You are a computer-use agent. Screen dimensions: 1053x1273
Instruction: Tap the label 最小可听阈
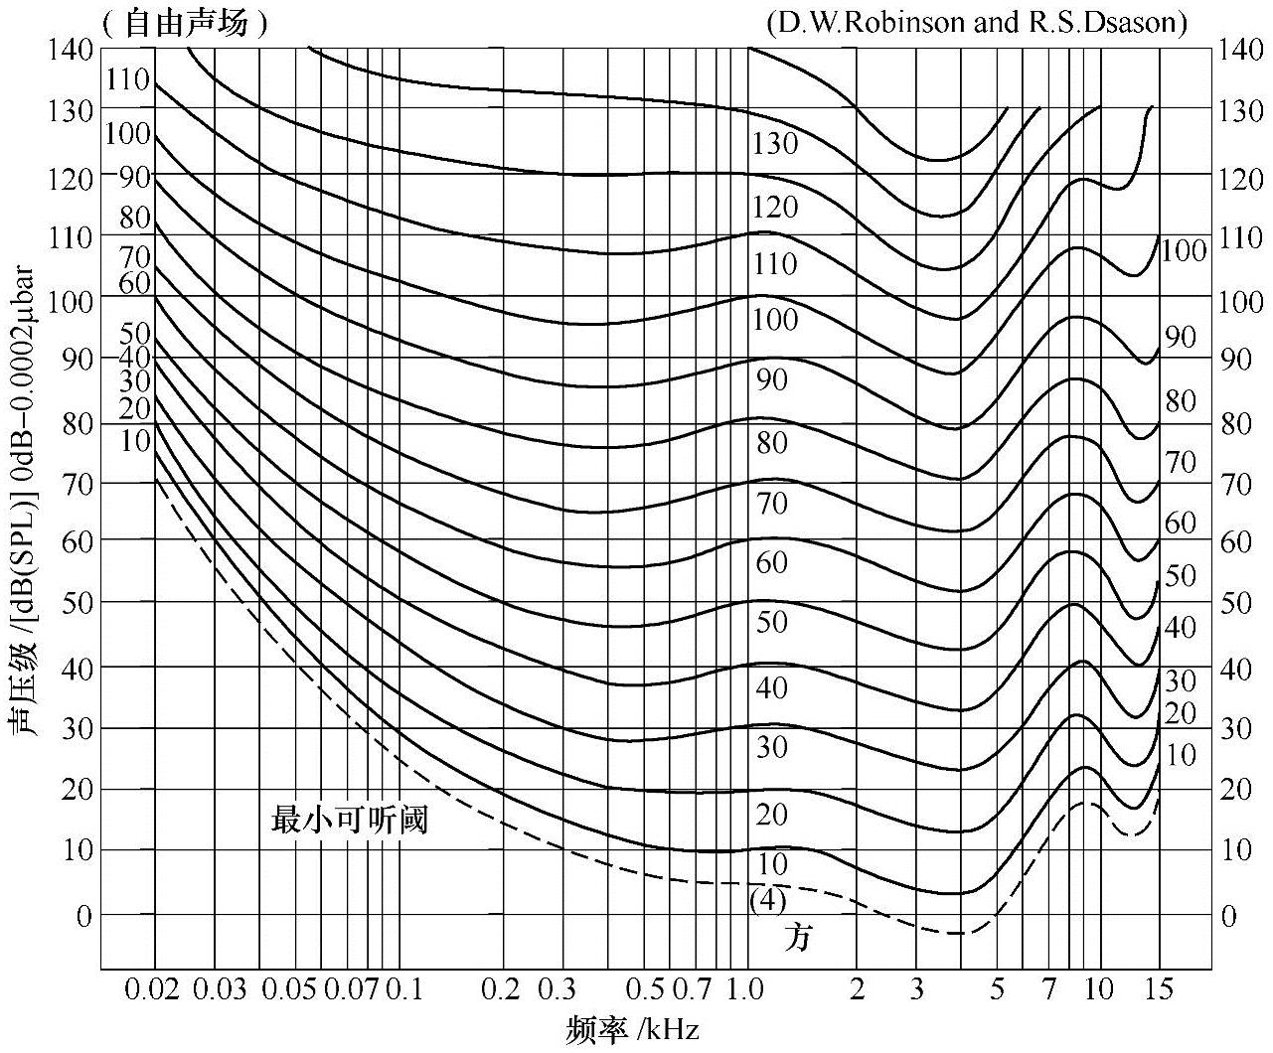coord(349,822)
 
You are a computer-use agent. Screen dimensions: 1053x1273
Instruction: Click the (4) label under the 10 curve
coord(767,900)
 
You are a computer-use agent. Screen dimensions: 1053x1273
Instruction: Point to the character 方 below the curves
coord(797,936)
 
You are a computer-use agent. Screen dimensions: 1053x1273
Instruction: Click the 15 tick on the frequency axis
coord(1158,989)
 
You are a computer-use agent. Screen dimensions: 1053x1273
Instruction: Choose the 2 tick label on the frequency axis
coord(858,989)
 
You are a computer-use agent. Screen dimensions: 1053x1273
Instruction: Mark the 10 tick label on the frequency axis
coord(1098,989)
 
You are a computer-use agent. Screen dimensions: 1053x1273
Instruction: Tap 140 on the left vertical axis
coord(69,49)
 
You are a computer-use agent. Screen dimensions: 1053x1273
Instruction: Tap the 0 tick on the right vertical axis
coord(1229,915)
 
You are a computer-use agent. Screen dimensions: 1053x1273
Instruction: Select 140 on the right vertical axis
coord(1241,49)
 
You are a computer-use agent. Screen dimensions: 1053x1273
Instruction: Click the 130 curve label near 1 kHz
coord(775,144)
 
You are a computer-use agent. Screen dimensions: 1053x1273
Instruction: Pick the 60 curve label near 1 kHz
coord(771,563)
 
